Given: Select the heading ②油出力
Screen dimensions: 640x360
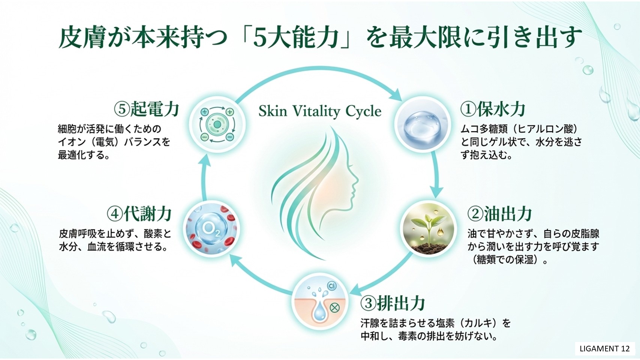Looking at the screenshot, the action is [500, 214].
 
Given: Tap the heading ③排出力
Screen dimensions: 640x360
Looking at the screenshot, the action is [393, 303].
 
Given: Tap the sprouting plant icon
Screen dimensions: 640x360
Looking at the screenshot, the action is [428, 229].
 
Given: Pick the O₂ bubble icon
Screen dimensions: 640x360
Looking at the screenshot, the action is [211, 229].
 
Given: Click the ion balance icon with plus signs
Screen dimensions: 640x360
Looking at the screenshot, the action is [217, 124].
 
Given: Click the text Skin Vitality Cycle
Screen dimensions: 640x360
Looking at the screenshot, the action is [320, 111].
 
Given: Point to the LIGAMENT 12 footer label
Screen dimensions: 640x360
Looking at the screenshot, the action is [605, 349].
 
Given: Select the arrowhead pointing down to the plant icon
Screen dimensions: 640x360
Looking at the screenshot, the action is [436, 193].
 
